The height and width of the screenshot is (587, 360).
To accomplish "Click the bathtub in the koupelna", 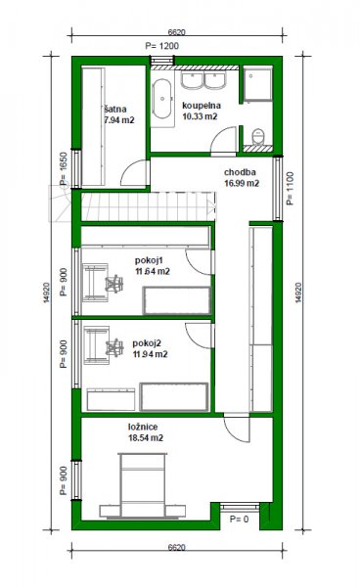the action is pyautogui.click(x=162, y=99).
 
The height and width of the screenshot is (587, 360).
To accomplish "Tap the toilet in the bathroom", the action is pyautogui.click(x=258, y=136).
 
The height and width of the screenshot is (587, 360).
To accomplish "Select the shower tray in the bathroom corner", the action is pyautogui.click(x=257, y=84).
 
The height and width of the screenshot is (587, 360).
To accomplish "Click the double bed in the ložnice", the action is pyautogui.click(x=142, y=486).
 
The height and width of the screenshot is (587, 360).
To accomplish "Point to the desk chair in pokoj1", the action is pyautogui.click(x=114, y=284).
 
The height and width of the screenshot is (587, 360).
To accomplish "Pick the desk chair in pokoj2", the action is pyautogui.click(x=114, y=347).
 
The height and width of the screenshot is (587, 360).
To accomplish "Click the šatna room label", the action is pyautogui.click(x=115, y=110).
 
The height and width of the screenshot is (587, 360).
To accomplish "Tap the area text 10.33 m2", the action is pyautogui.click(x=200, y=116).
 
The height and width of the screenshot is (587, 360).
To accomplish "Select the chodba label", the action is pyautogui.click(x=240, y=172).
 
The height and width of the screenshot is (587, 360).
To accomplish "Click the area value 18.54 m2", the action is pyautogui.click(x=146, y=437).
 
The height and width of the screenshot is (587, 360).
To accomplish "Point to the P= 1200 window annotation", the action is pyautogui.click(x=162, y=46).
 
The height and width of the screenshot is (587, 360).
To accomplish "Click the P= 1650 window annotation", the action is pyautogui.click(x=64, y=168).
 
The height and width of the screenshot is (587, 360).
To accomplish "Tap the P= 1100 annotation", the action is pyautogui.click(x=290, y=188).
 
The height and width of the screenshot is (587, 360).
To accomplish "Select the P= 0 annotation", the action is pyautogui.click(x=239, y=519).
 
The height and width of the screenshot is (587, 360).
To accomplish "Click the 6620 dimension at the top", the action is pyautogui.click(x=177, y=32).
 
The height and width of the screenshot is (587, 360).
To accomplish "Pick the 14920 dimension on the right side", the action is pyautogui.click(x=298, y=293).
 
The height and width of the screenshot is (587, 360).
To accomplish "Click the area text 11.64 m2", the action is pyautogui.click(x=153, y=271).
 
